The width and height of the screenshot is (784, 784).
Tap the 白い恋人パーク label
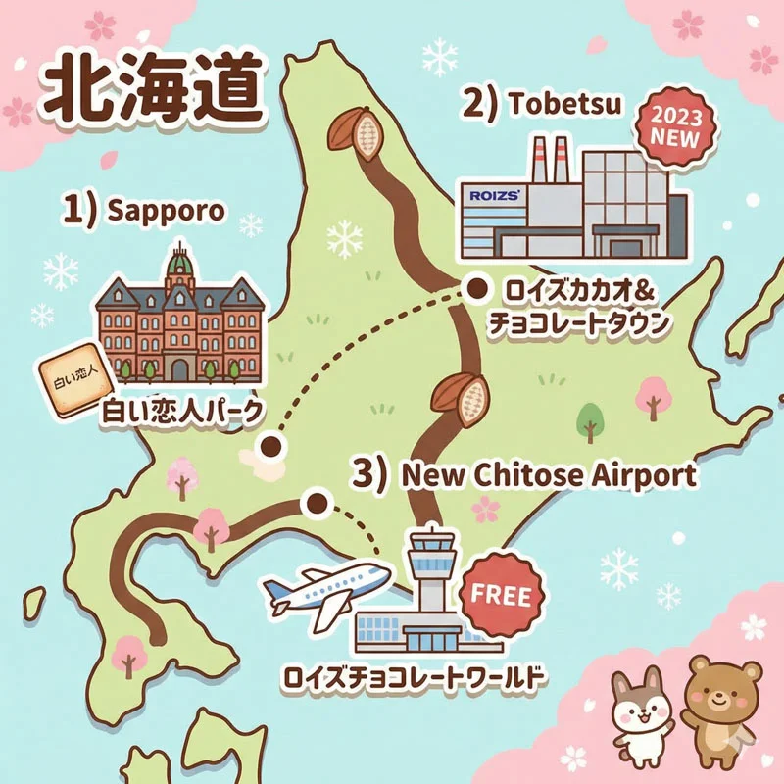(183, 413)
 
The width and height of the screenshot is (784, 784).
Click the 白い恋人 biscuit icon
(72, 380)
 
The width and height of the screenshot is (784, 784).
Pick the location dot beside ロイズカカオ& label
(477, 288)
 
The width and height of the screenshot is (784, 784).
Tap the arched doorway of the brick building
(178, 367)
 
